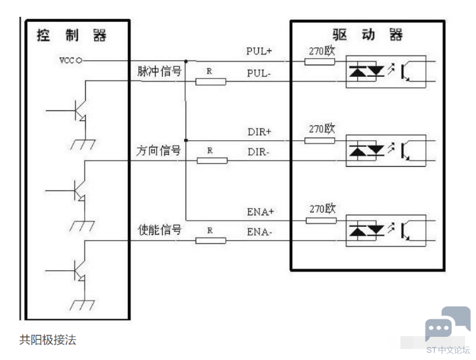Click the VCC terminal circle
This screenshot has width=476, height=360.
tap(79, 61)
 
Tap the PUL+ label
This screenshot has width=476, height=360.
tap(258, 51)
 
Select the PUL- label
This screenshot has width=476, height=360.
tap(258, 73)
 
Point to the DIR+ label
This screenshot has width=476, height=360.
tap(259, 132)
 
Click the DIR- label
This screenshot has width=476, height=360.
tap(258, 152)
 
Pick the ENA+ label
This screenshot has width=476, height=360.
tap(260, 212)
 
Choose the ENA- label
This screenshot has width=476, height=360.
tap(259, 232)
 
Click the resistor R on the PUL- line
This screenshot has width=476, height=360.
tap(211, 81)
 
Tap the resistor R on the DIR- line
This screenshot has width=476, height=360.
tap(212, 160)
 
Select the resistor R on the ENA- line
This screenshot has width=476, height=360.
tap(211, 240)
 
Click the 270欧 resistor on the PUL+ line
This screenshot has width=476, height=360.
tap(320, 61)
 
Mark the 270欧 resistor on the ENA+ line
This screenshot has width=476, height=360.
tap(321, 220)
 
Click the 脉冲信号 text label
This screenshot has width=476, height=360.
tap(160, 71)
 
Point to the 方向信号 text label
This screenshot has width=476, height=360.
tap(158, 151)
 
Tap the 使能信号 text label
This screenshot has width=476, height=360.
tap(160, 229)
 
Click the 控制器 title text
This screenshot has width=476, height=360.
tap(71, 35)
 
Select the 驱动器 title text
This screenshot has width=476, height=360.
tap(367, 34)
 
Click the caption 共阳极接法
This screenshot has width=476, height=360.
tap(48, 340)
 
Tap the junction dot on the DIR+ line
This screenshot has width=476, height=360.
tap(186, 140)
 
